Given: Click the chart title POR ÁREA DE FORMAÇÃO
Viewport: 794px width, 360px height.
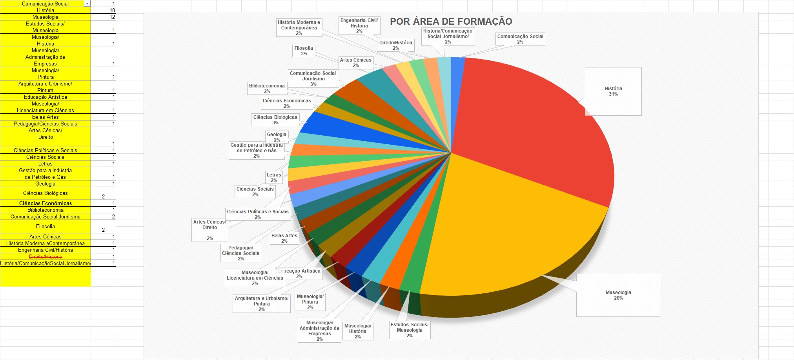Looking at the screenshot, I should click(x=451, y=22).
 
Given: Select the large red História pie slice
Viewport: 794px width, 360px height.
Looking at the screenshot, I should click(x=534, y=125).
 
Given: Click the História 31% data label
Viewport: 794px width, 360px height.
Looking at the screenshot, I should click(x=613, y=91).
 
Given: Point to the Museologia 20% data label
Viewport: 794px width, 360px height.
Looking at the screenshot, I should click(x=618, y=295).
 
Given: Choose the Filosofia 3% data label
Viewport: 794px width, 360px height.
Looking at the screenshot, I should click(x=304, y=51).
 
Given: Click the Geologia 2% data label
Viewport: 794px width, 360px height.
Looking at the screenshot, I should click(x=277, y=137).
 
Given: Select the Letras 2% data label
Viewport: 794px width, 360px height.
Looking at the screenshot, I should click(x=274, y=178).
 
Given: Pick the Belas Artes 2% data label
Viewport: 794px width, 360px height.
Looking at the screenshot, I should click(x=284, y=238).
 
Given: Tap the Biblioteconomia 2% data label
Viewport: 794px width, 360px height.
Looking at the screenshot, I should click(x=267, y=89).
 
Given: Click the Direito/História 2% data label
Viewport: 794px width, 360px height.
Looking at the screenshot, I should click(x=395, y=45).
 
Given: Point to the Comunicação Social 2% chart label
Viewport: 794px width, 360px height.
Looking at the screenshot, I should click(x=520, y=39).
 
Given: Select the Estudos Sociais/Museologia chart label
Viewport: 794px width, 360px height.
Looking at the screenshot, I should click(x=410, y=330).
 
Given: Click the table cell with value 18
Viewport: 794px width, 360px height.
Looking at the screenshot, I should click(x=104, y=10).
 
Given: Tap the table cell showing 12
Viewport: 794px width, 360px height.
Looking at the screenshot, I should click(x=104, y=17).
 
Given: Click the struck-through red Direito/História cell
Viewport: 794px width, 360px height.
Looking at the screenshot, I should click(x=46, y=256).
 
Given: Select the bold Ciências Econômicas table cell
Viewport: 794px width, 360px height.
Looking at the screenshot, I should click(x=46, y=203).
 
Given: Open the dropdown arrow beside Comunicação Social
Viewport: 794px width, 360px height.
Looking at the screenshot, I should click(x=87, y=4).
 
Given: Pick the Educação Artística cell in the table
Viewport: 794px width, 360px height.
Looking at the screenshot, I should click(x=46, y=97).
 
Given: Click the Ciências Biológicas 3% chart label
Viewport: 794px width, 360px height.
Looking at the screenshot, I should click(x=275, y=120).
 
